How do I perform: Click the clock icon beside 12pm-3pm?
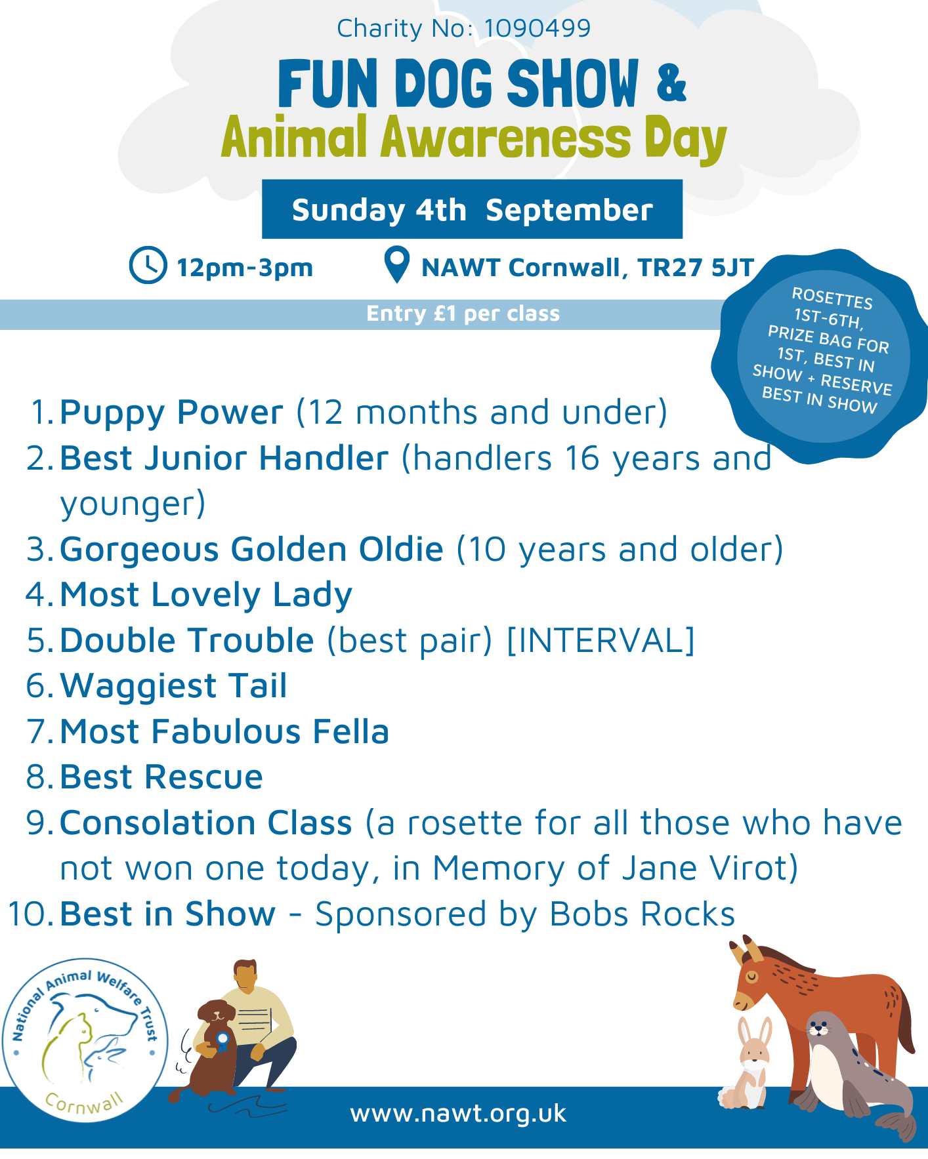148,266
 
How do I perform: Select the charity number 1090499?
538,28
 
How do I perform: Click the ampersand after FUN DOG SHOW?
671,82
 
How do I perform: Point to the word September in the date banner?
569,211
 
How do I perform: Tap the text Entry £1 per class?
463,314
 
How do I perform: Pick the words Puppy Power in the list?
171,413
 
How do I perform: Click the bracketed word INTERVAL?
601,640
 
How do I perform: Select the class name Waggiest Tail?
174,686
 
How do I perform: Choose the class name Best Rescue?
161,777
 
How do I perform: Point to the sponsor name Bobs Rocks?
642,914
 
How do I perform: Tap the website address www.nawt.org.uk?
458,1113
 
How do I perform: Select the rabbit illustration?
748,1063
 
